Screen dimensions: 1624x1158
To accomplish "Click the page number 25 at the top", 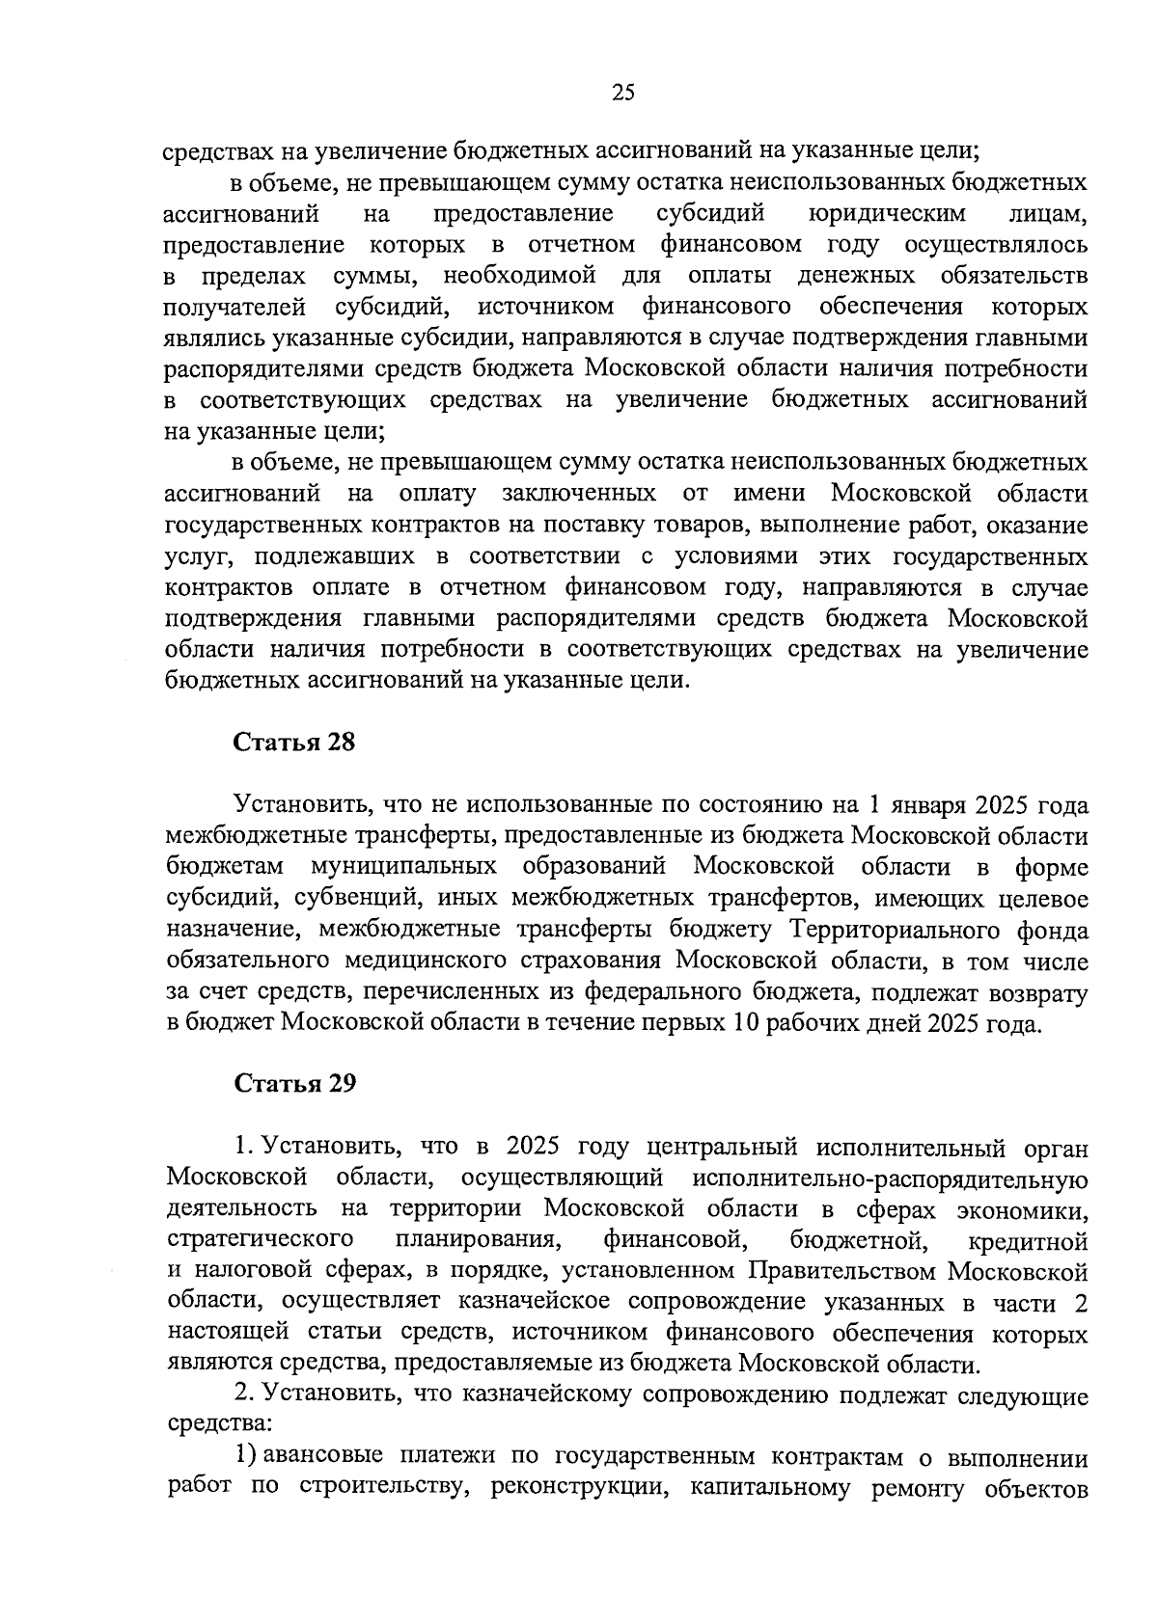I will pyautogui.click(x=622, y=93).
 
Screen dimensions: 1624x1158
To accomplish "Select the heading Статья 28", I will pyautogui.click(x=294, y=743).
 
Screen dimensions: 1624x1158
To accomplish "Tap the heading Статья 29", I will pyautogui.click(x=294, y=1083).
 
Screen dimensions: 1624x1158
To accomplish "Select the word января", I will pyautogui.click(x=924, y=805).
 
